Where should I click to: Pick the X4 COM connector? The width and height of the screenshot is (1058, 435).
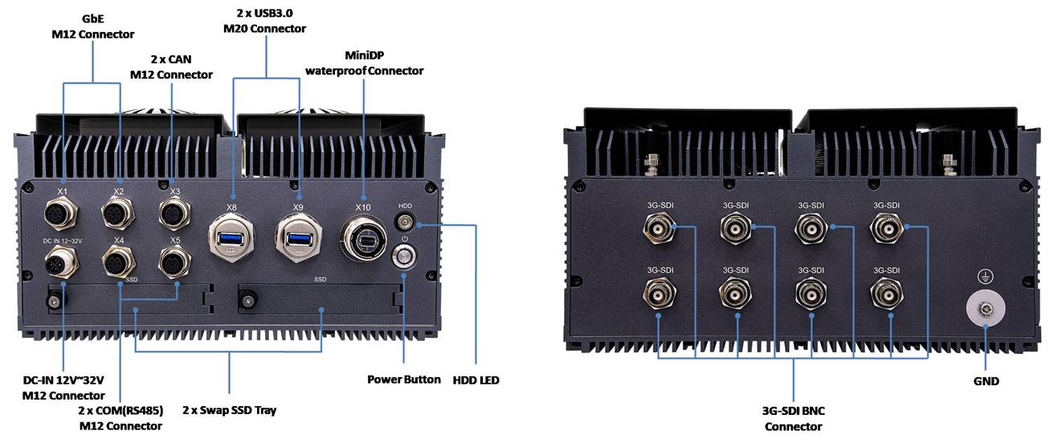(x=118, y=262)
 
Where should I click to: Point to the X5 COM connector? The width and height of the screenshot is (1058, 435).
(x=174, y=262)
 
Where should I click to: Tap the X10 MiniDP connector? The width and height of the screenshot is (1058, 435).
(x=363, y=238)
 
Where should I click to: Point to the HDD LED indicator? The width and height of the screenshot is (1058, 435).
(x=405, y=222)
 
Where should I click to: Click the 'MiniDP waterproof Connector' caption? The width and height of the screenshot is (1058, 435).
(x=364, y=63)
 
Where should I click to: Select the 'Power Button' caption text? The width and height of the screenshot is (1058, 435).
(x=404, y=379)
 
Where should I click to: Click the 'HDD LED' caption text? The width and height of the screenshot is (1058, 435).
(x=476, y=380)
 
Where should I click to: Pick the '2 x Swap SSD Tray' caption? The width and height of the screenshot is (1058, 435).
(x=229, y=410)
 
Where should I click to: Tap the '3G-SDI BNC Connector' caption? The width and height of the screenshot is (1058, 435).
(x=793, y=418)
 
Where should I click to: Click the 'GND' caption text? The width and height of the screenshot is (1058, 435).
(x=985, y=381)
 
